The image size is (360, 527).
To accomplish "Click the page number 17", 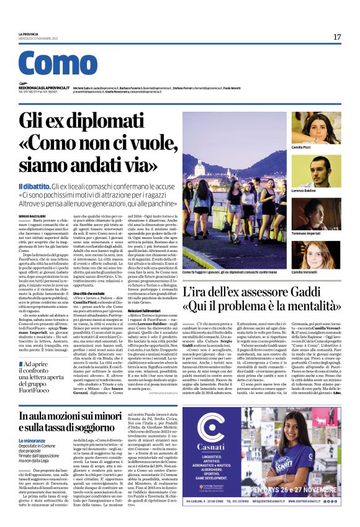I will [337, 37].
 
